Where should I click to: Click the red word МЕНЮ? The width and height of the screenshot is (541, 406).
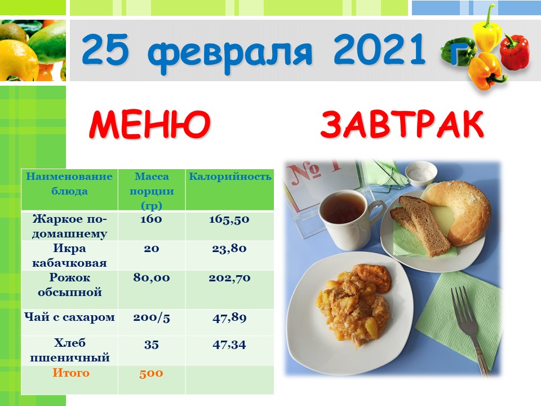[x=150, y=124]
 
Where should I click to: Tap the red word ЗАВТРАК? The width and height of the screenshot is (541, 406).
[x=402, y=124]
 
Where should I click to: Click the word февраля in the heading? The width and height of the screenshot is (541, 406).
[x=232, y=52]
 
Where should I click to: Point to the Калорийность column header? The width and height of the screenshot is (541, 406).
[x=230, y=176]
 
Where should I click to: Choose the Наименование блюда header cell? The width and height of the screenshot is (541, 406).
[x=69, y=184]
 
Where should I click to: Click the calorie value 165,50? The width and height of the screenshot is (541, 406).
[x=229, y=219]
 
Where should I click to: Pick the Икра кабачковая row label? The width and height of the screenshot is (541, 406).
[x=69, y=255]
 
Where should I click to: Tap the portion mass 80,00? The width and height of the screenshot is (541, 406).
[x=152, y=278]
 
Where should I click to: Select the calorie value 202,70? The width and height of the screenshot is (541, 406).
[x=229, y=278]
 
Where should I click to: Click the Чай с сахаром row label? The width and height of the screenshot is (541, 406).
[x=69, y=317]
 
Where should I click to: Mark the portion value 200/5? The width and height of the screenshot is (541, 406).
[x=152, y=317]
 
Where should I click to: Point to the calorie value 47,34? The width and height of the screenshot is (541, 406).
[x=229, y=345]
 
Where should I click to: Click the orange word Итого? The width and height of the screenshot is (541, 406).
[x=71, y=373]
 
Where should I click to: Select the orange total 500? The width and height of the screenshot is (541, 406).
[x=151, y=373]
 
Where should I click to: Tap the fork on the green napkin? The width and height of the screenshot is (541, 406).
[x=469, y=328]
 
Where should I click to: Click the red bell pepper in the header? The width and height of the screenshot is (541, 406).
[x=515, y=52]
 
